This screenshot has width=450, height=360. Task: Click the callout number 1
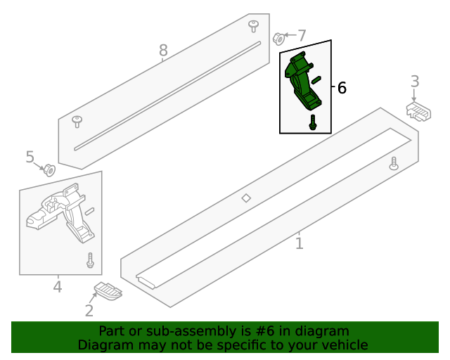[300, 243]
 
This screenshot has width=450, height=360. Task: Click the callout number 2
[89, 311]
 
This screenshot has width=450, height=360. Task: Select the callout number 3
[415, 82]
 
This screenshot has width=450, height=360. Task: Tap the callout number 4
[57, 286]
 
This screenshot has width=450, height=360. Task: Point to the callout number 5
[30, 157]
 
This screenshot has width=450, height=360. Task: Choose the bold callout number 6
[342, 88]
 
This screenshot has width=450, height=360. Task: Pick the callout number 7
[302, 35]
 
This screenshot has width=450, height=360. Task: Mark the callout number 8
[163, 50]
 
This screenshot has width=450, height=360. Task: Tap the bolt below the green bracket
[311, 122]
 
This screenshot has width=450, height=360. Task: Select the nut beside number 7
[278, 37]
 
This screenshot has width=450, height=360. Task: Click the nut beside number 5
[49, 169]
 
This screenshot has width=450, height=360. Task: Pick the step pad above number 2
[108, 290]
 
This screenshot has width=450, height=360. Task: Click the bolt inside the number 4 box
[90, 259]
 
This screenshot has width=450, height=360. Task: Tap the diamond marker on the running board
[246, 198]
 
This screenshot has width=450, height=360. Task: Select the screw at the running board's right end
[394, 162]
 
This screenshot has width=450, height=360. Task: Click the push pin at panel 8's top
[253, 25]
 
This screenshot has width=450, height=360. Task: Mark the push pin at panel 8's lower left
[77, 122]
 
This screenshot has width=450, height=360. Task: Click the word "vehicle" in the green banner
[343, 345]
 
